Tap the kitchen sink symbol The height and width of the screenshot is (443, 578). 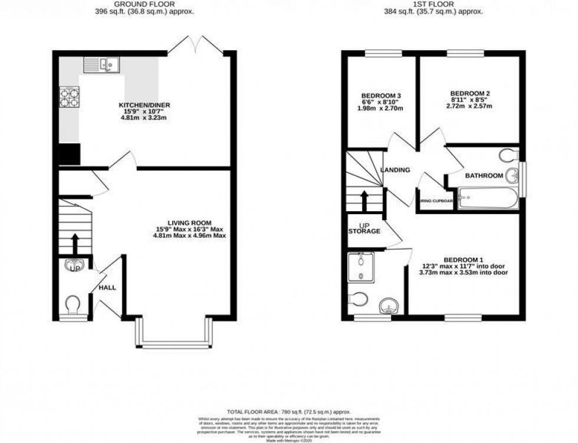101,63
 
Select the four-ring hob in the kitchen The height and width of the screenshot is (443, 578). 69,97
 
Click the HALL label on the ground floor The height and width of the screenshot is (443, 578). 107,288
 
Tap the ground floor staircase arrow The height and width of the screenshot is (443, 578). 75,242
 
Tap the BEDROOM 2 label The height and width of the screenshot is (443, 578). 470,93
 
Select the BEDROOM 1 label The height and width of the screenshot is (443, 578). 464,260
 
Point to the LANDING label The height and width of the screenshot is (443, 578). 395,170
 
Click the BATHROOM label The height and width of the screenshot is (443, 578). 484,176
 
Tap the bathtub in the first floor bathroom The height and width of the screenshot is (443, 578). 488,198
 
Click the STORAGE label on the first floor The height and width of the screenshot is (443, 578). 364,231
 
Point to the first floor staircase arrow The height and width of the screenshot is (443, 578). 364,200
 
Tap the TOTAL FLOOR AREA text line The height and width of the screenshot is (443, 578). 288,411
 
